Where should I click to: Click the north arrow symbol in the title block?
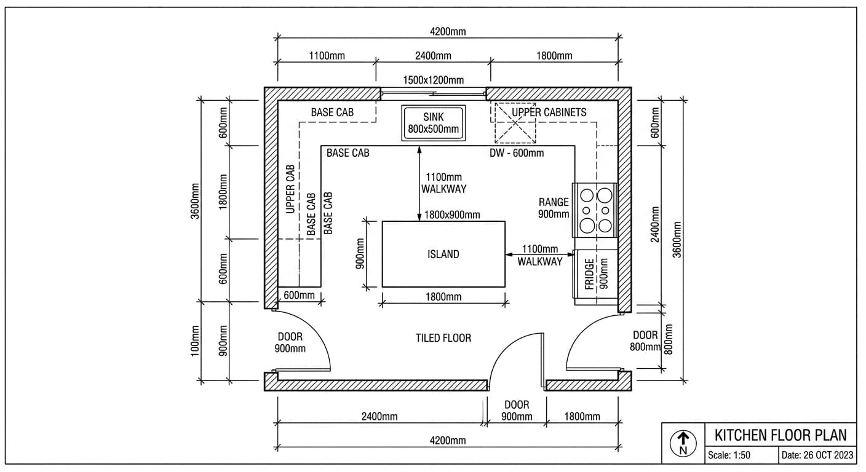683,442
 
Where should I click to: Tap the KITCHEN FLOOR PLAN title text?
780,435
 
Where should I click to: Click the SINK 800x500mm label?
433,123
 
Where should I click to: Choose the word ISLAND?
443,254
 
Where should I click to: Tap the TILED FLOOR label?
443,338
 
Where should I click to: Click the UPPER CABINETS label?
549,112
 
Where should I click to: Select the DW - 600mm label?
517,153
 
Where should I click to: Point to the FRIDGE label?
589,274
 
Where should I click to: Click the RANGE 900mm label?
554,208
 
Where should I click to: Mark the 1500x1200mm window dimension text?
433,80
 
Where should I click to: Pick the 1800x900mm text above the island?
452,214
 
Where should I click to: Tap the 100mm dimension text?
196,342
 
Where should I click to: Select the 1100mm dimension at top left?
326,56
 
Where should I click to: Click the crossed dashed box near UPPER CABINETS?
516,123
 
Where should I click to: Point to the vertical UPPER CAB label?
291,189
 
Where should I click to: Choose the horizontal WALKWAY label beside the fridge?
539,261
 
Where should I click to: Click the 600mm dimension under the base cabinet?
299,296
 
